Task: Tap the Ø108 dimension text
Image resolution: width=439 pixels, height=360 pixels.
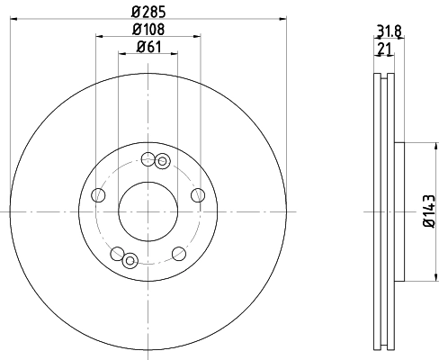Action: coord(148,28)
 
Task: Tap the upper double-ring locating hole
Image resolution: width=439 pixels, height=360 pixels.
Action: coord(162,162)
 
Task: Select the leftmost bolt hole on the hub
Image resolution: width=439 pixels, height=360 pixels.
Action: coord(98,194)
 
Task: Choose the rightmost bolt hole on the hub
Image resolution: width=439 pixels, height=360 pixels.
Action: coord(198,196)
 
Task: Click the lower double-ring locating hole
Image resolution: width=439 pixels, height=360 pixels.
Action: coord(130,261)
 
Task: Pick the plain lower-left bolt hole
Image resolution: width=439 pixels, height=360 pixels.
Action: coord(117,253)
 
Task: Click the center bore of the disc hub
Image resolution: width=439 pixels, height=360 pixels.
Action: coord(148,211)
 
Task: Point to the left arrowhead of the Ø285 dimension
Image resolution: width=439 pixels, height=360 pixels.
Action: coord(14,16)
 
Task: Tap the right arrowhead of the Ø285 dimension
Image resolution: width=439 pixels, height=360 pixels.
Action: coord(282,16)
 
